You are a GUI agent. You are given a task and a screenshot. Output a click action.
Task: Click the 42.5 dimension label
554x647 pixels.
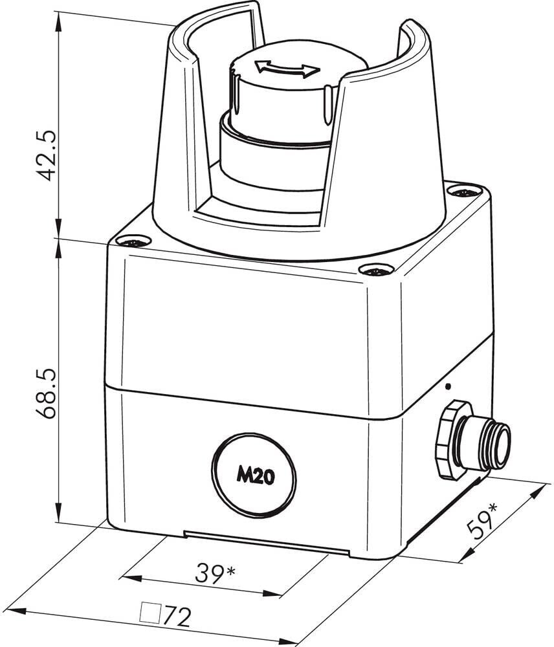click(45, 155)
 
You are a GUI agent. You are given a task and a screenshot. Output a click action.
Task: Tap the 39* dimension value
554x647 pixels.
click(215, 573)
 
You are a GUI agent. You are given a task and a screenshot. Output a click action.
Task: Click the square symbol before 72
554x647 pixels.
click(150, 613)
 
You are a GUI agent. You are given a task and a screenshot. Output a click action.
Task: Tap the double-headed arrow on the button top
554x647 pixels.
click(288, 69)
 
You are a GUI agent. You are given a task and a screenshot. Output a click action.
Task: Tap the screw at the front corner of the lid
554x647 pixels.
click(376, 270)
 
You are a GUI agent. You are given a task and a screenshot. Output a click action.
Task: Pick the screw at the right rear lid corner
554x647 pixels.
click(465, 192)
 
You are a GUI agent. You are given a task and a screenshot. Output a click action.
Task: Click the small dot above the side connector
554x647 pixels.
click(449, 387)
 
